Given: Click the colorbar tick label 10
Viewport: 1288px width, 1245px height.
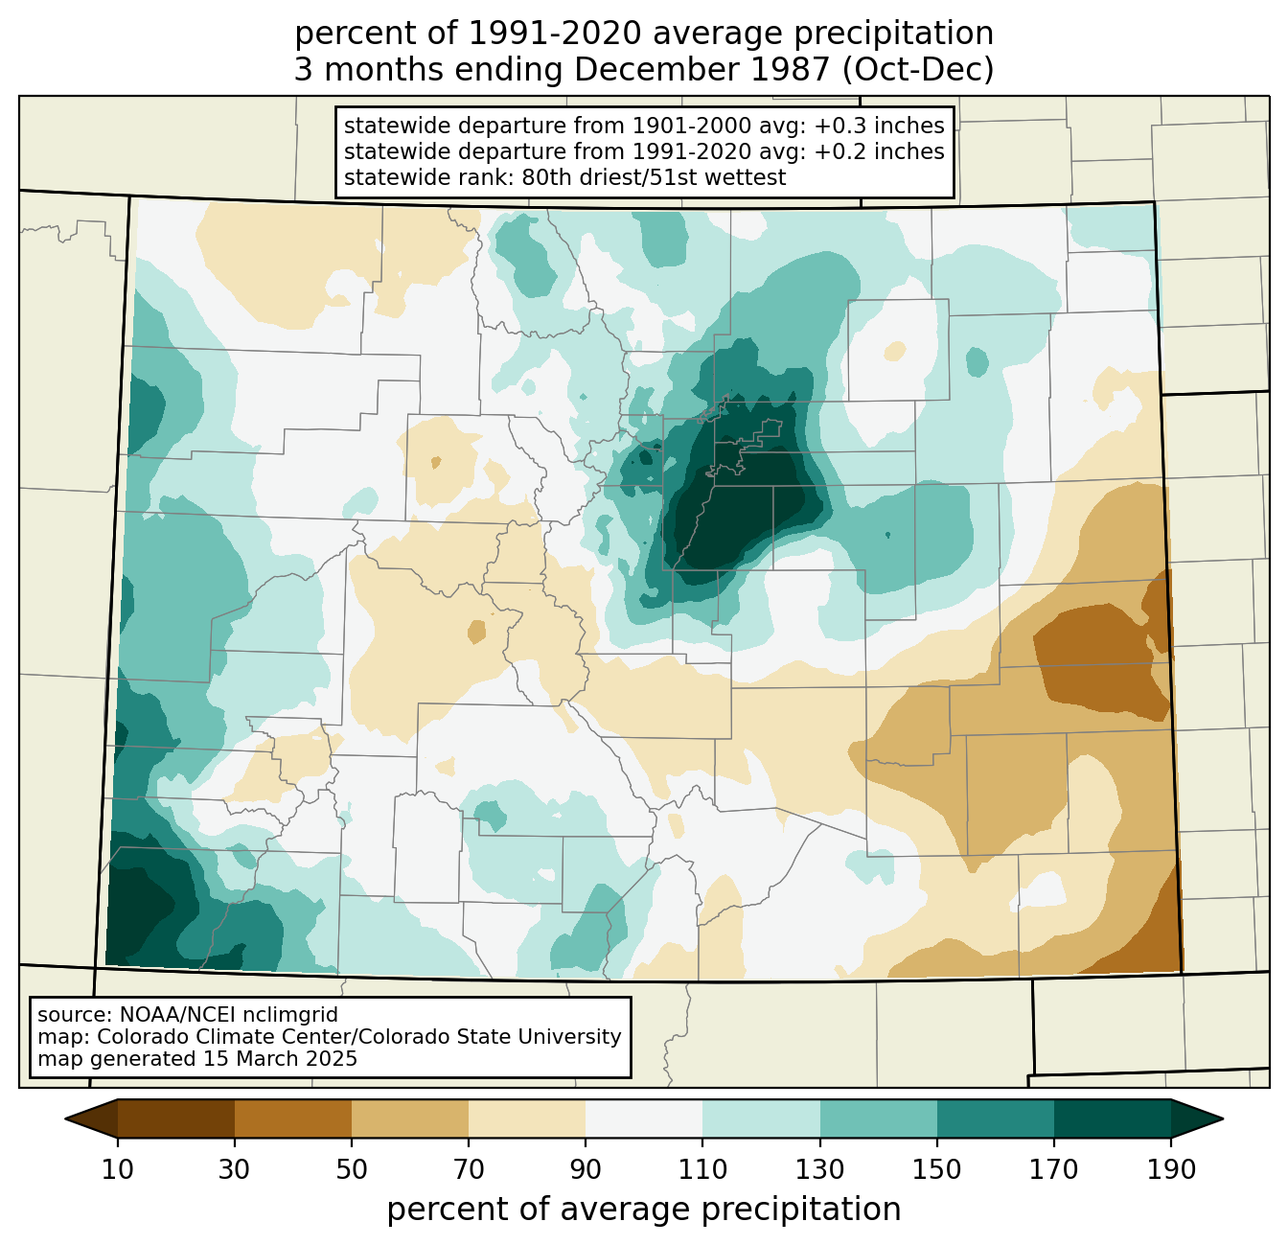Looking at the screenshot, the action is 117,1169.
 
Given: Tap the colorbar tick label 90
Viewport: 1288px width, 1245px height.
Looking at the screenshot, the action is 586,1169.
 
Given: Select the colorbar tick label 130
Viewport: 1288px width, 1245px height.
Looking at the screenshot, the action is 819,1169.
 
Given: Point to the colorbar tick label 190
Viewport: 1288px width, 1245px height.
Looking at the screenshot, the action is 1171,1169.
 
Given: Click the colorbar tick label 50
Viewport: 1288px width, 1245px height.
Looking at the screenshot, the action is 352,1169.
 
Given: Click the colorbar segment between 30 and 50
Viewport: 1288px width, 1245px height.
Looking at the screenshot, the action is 292,1118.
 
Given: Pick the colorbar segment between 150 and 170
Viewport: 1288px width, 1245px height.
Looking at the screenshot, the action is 995,1118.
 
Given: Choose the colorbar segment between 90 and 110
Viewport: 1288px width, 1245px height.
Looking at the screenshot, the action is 644,1118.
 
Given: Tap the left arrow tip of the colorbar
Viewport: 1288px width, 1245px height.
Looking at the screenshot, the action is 65,1118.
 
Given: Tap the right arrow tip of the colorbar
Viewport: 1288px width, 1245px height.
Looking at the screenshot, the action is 1223,1118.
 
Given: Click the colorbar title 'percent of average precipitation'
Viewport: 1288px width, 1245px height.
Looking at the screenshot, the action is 644,1210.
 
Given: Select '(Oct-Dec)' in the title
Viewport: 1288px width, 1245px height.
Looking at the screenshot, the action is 918,70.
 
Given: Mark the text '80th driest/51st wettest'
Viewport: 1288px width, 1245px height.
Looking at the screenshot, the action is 654,177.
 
